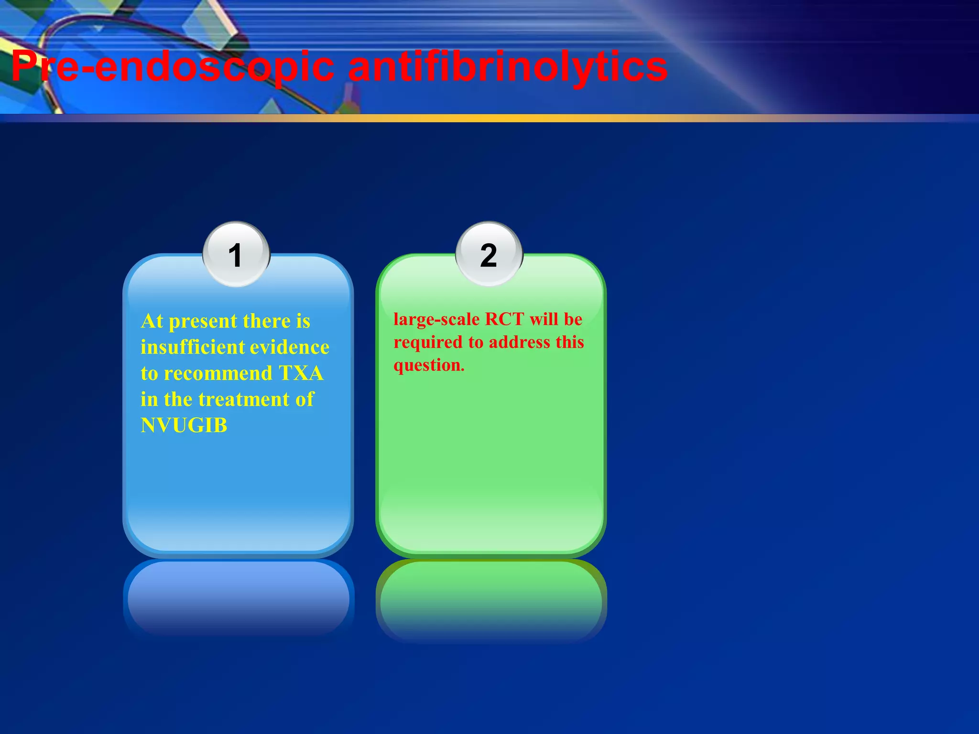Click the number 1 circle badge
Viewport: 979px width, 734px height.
(x=236, y=254)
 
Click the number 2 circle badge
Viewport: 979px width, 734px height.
(x=489, y=254)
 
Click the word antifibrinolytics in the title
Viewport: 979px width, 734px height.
(x=508, y=67)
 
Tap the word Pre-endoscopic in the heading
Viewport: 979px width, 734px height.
(x=173, y=67)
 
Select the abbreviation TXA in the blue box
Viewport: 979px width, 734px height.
(x=301, y=373)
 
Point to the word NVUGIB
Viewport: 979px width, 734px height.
(x=184, y=425)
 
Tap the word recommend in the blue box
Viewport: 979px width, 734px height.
(x=218, y=373)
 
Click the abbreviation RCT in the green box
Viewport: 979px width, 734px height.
(x=504, y=319)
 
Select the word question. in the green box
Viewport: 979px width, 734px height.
(x=429, y=366)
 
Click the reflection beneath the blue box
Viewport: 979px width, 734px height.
(x=238, y=597)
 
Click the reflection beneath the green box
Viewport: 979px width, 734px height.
(x=491, y=597)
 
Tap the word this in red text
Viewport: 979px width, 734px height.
(x=569, y=342)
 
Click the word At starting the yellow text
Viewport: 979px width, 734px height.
(x=152, y=321)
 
